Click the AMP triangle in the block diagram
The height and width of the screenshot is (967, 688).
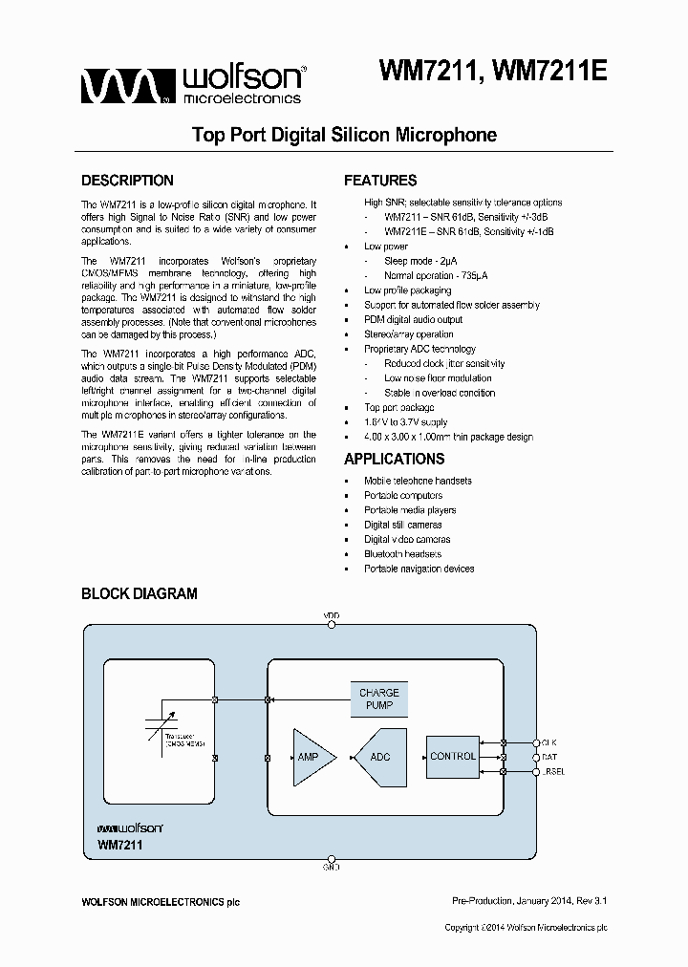click(x=311, y=757)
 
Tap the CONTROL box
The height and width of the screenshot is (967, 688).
click(x=453, y=756)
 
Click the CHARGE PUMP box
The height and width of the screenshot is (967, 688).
click(x=379, y=699)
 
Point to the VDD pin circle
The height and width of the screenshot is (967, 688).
click(x=332, y=624)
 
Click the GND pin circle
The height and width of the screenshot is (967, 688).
click(x=332, y=859)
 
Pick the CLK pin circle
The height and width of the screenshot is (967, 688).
click(x=535, y=741)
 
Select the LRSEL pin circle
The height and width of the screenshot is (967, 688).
click(x=535, y=771)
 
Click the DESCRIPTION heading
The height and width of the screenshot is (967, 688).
click(x=127, y=181)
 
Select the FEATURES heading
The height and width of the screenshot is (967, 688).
click(x=380, y=181)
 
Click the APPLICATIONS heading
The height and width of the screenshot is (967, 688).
click(x=395, y=459)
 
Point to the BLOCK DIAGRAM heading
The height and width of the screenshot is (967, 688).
click(x=140, y=593)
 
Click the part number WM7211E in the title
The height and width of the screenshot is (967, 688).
click(x=551, y=73)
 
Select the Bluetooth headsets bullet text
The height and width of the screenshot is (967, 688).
click(x=402, y=554)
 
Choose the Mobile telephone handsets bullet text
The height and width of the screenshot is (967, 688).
click(x=418, y=481)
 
